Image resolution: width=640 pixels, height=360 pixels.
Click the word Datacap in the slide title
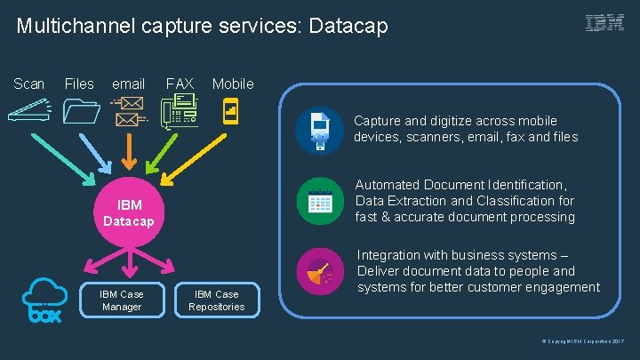coord(349,27)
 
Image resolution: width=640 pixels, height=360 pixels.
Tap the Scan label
coord(29,84)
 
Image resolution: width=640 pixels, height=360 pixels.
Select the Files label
coord(79,84)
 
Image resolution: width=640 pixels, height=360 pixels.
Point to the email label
coord(128,84)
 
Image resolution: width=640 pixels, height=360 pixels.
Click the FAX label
coord(180,84)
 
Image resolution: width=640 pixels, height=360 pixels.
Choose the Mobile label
coord(233,84)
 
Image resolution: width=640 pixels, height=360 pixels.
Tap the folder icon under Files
coord(81,113)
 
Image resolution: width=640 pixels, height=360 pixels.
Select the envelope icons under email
coord(129,112)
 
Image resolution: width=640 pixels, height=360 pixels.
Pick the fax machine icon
coord(179,114)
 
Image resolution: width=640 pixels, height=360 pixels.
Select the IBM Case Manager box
coord(121,300)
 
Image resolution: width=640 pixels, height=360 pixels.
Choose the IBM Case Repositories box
coord(216,300)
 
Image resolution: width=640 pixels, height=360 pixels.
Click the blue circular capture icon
coord(319,130)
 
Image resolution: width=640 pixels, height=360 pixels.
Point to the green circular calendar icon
coord(319,201)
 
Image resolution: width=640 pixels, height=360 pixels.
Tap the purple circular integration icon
coord(319,271)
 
